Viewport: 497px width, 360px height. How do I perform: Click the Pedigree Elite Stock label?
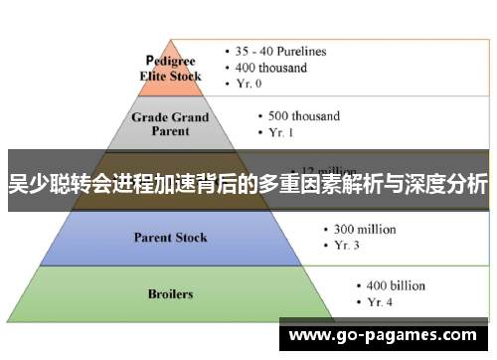coord(173,67)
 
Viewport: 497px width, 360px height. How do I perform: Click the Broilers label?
coord(170,293)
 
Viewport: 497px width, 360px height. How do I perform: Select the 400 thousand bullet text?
coord(272,68)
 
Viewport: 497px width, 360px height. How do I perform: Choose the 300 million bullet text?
coord(359,229)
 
